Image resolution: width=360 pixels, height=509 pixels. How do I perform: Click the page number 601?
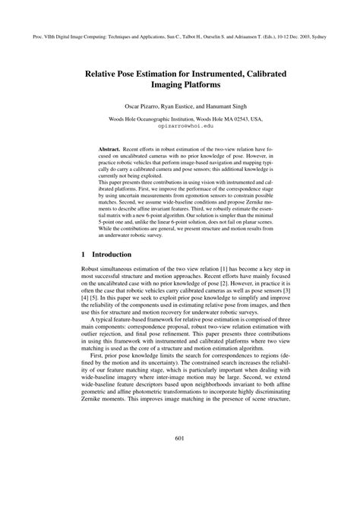click(x=180, y=458)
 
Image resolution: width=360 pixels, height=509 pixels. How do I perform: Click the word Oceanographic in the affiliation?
click(x=147, y=119)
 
